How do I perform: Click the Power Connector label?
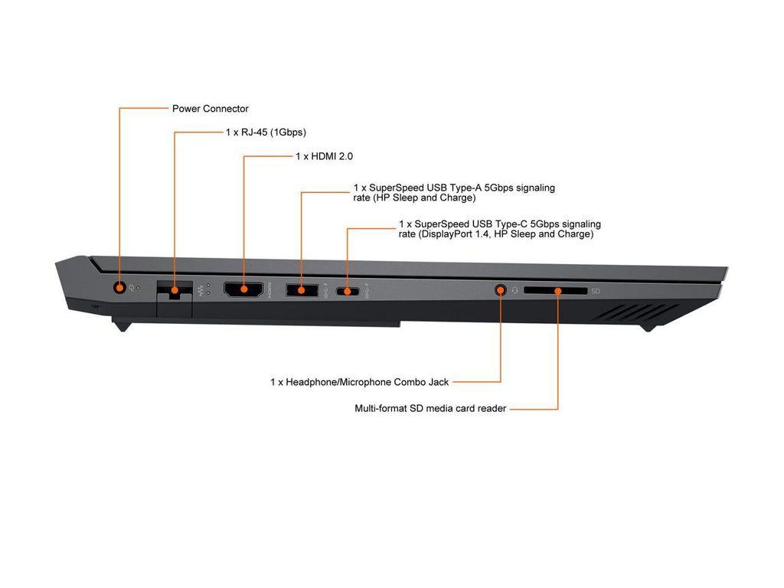[x=210, y=109]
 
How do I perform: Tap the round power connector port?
[x=119, y=288]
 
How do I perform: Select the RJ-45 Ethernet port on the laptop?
[x=175, y=290]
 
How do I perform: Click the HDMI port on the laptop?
[x=243, y=289]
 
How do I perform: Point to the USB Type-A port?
[x=302, y=289]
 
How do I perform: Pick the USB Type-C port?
[x=348, y=290]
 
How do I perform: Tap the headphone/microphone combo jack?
[x=501, y=289]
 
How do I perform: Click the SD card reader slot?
[x=556, y=290]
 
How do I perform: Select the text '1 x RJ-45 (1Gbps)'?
[x=266, y=132]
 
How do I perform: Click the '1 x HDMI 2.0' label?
[x=324, y=156]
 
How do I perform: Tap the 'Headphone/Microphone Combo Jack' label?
[x=367, y=383]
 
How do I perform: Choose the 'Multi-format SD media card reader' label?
[x=430, y=409]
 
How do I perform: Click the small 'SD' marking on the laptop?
[x=595, y=291]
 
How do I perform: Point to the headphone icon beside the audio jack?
[x=515, y=290]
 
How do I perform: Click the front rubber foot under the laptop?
[x=648, y=328]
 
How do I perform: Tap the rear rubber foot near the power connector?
[x=122, y=326]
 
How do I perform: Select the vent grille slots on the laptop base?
[x=634, y=312]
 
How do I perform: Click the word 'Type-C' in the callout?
[x=511, y=224]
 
